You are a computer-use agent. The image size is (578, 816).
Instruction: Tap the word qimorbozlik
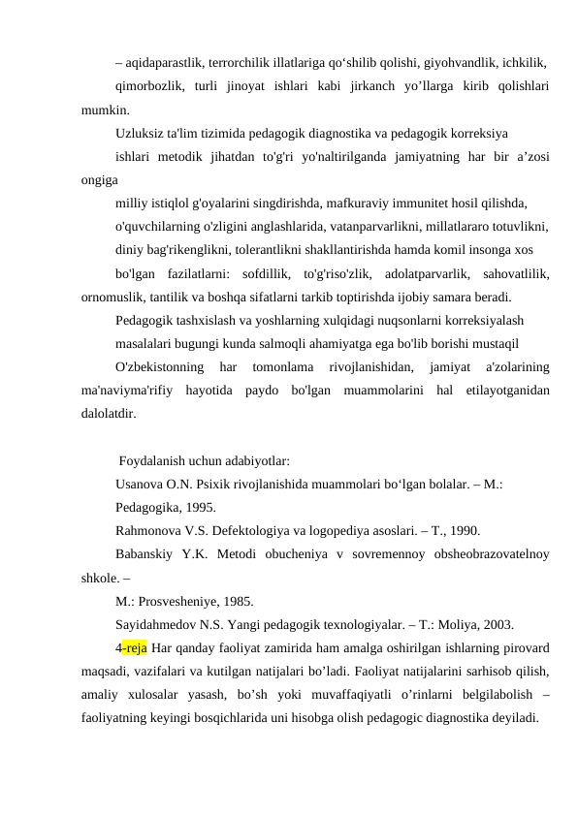(x=147, y=86)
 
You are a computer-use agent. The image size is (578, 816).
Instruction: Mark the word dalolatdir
(x=111, y=413)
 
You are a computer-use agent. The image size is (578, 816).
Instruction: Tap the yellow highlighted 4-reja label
(x=131, y=647)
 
